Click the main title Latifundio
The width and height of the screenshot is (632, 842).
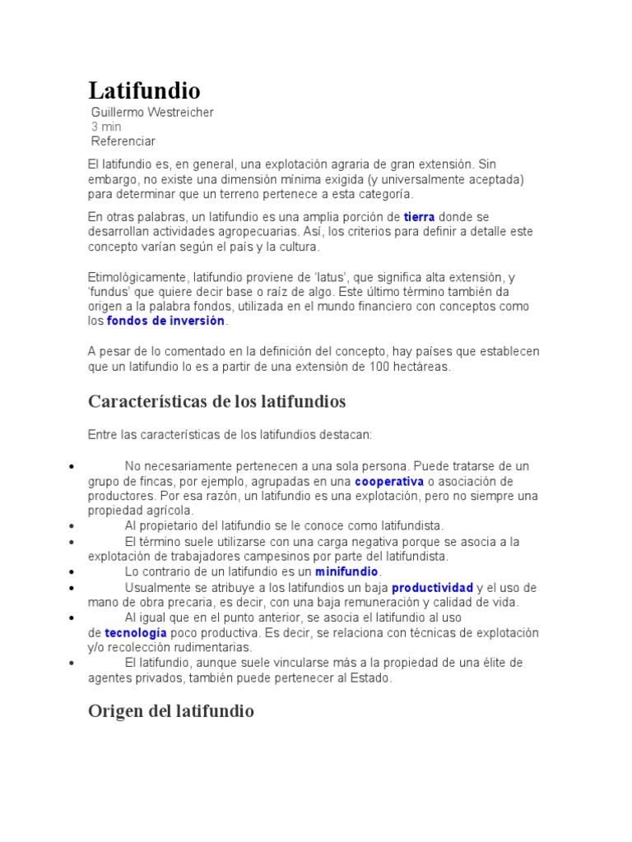pos(144,90)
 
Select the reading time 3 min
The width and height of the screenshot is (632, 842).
pos(106,127)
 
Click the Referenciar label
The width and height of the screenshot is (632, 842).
pos(123,141)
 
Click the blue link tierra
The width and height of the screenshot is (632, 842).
pos(419,217)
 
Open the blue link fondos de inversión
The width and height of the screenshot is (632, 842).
pos(165,321)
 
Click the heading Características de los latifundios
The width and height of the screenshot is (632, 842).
pos(216,402)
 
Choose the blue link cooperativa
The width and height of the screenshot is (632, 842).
pos(389,481)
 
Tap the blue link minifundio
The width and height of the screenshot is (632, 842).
pos(346,571)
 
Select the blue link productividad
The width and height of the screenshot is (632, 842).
pos(432,588)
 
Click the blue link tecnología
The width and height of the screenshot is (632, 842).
pos(136,633)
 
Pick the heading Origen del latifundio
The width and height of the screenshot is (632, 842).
pos(171,711)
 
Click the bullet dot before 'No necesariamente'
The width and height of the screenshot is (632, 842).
pos(73,466)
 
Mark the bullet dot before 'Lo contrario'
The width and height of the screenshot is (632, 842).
pos(73,571)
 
